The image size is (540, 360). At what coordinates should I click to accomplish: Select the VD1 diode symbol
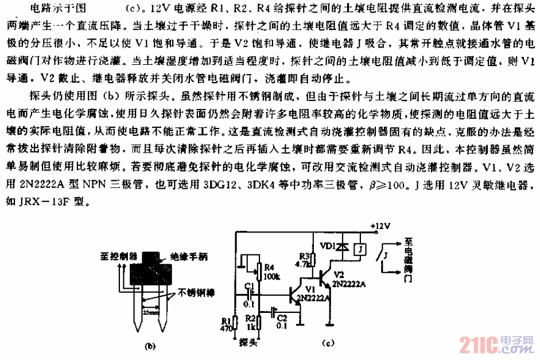pos(343,247)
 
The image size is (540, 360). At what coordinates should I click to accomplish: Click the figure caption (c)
pos(327,344)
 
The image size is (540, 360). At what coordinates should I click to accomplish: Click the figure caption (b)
pos(150,346)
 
